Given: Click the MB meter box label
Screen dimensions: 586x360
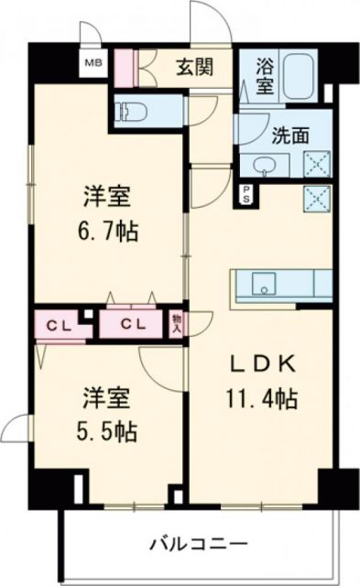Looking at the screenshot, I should pyautogui.click(x=92, y=63).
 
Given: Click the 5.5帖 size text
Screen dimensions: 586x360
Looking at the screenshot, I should pyautogui.click(x=106, y=429).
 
